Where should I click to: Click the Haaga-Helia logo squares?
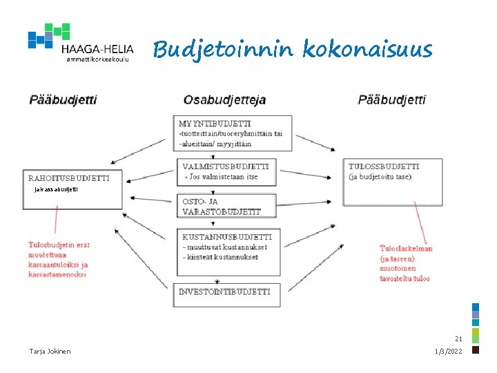[x=48, y=35]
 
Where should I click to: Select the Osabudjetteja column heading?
[x=225, y=100]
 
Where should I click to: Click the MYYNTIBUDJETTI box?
[x=233, y=133]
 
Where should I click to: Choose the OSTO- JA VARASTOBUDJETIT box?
[x=226, y=206]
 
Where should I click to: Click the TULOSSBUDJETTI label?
[x=384, y=166]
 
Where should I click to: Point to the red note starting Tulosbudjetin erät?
[x=59, y=260]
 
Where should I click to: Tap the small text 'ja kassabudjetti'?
[x=56, y=189]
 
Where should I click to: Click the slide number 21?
[x=458, y=338]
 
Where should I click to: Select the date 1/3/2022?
[x=449, y=351]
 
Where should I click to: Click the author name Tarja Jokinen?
[x=50, y=351]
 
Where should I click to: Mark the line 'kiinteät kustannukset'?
[x=220, y=257]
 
